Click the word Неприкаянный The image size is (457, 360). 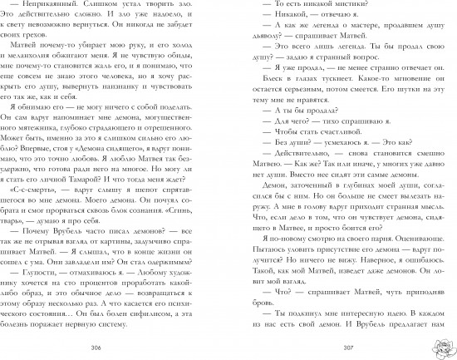point(55,7)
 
